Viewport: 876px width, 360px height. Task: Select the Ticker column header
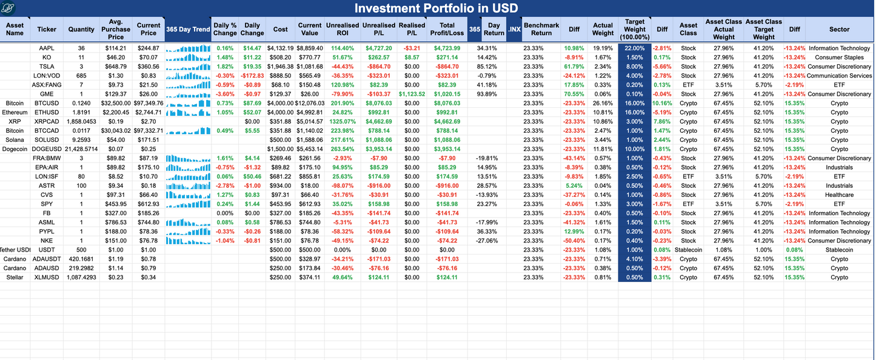tap(47, 29)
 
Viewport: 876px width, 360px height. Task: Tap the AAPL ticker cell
tap(47, 48)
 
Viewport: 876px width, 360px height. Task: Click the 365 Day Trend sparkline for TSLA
tap(188, 67)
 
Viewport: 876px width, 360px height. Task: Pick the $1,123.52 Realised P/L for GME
tap(412, 94)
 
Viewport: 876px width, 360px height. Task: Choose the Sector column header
tap(839, 29)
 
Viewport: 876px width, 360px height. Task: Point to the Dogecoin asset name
tap(15, 149)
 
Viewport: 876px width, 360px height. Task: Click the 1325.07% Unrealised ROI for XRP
tap(343, 121)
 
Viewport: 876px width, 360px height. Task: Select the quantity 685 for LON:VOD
tap(81, 76)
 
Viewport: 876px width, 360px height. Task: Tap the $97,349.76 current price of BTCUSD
tap(148, 103)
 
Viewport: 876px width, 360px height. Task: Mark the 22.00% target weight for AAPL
tap(634, 48)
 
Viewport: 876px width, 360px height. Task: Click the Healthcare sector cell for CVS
tap(839, 195)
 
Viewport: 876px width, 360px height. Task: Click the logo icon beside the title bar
tap(8, 8)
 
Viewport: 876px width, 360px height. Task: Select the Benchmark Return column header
tap(541, 29)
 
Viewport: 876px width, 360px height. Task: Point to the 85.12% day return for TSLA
tap(487, 67)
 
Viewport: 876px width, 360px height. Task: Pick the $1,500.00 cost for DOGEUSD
tap(281, 149)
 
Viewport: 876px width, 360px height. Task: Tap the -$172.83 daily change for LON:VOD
tap(252, 76)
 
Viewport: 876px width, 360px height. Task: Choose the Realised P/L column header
tap(412, 29)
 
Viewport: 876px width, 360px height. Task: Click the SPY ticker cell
tap(47, 204)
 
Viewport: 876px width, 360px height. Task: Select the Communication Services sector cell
tap(839, 76)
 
